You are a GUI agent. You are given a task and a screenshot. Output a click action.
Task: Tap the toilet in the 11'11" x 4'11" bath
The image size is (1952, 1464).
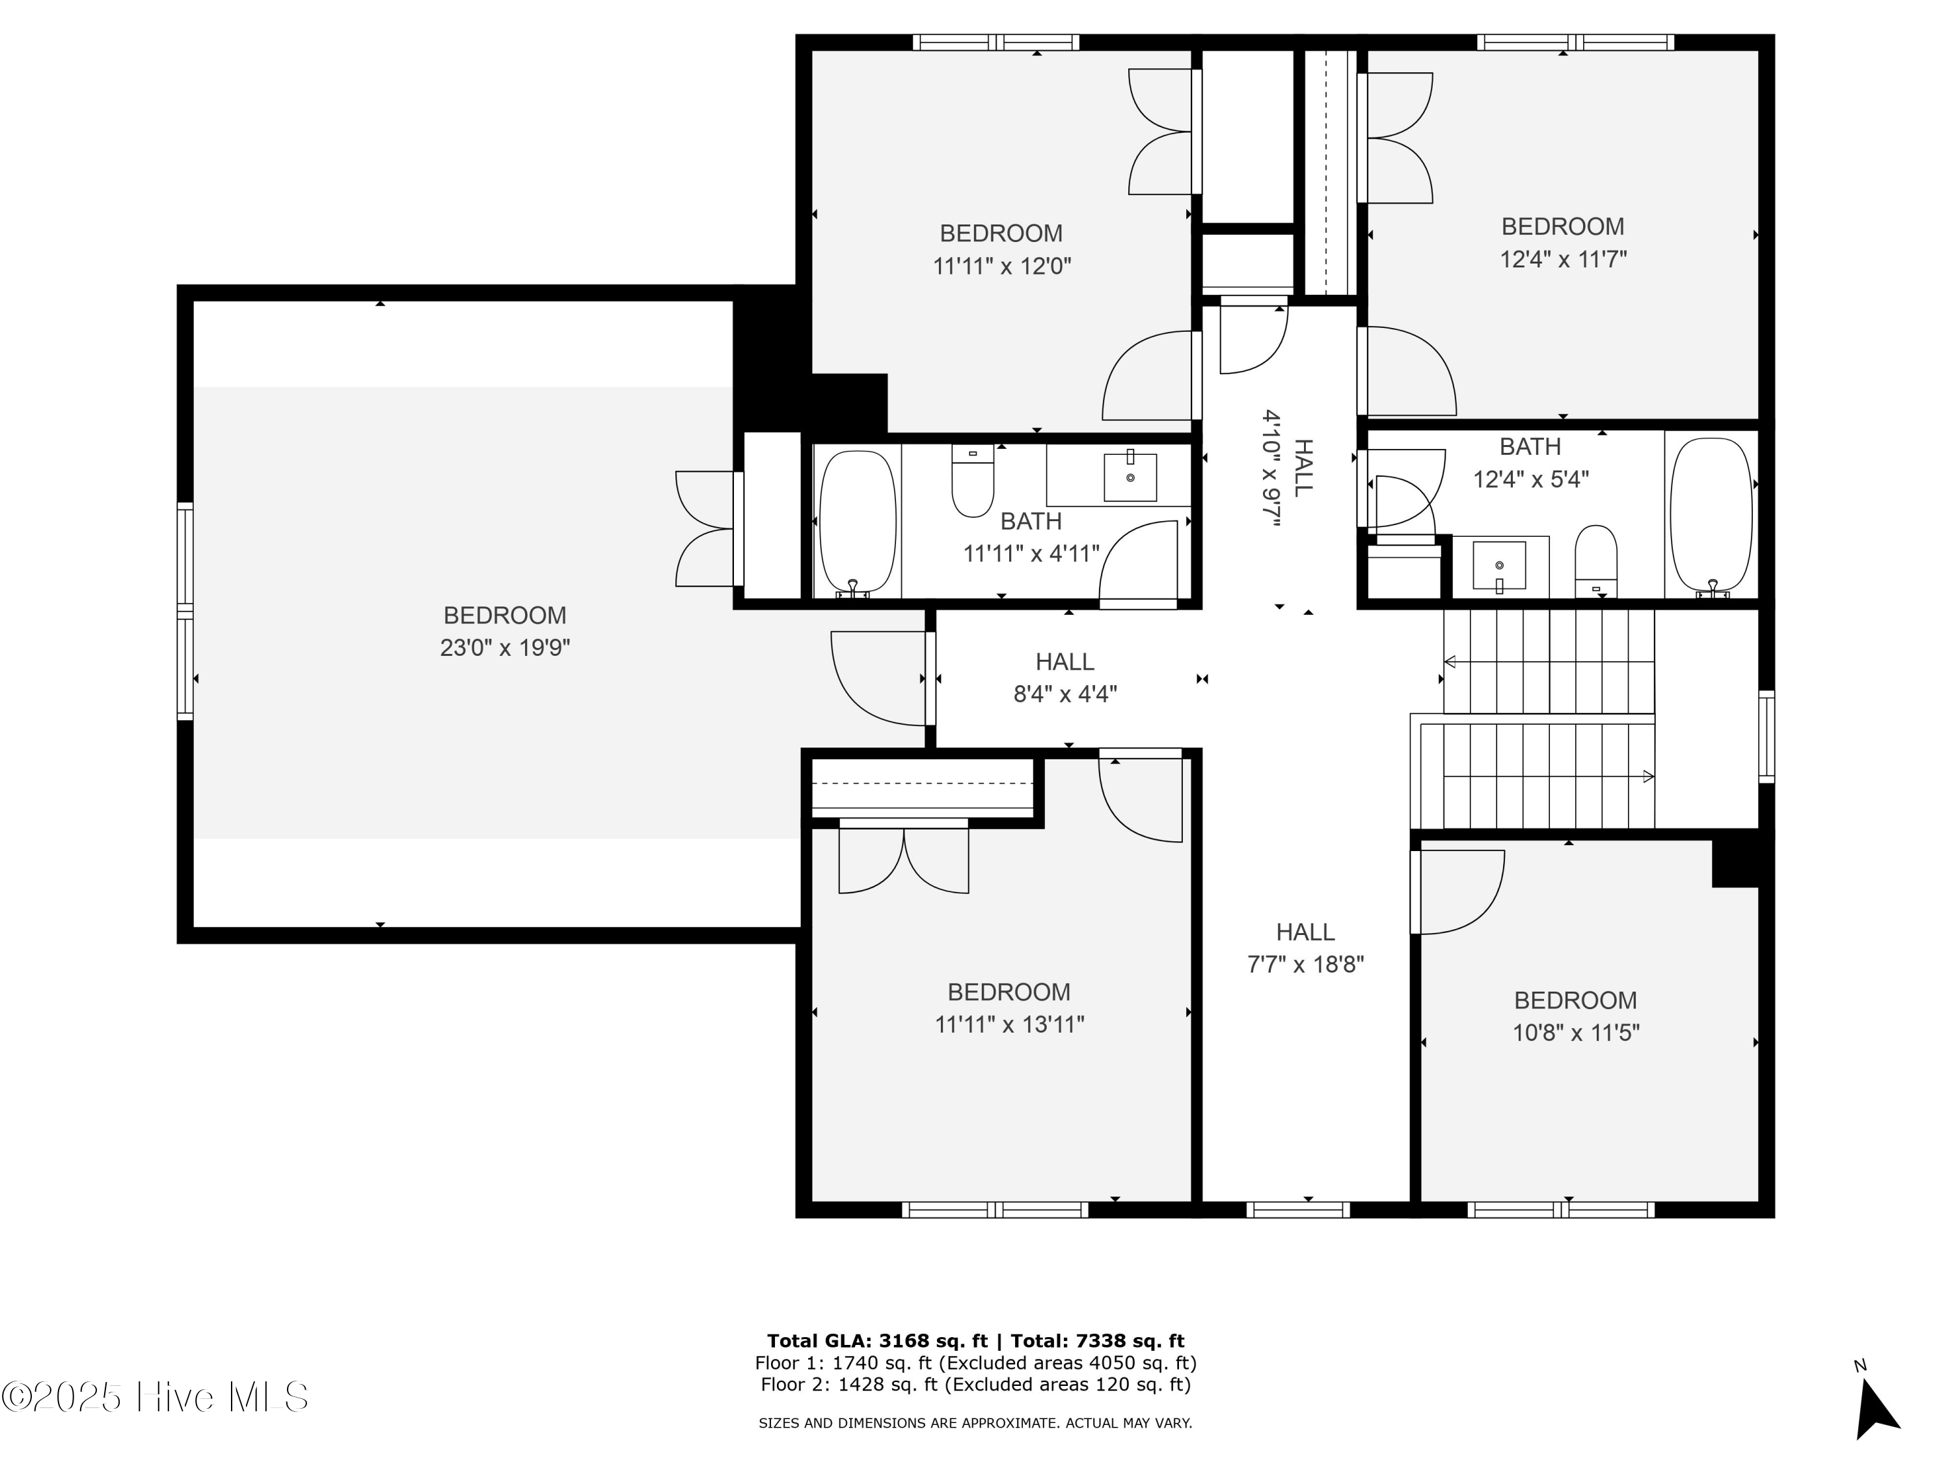[973, 483]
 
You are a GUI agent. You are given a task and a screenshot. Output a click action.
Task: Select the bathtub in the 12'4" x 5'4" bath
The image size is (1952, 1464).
[1711, 515]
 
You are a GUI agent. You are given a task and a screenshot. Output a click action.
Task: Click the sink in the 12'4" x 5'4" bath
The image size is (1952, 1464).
[1499, 565]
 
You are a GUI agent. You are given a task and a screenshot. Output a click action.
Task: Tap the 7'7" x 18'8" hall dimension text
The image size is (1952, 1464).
[1305, 964]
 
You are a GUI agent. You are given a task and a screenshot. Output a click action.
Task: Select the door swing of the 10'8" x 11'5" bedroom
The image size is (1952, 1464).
[1459, 892]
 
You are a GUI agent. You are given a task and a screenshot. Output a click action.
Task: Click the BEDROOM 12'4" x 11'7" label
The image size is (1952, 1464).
[1563, 243]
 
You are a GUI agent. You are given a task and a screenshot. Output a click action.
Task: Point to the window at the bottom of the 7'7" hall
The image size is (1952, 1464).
[1298, 1210]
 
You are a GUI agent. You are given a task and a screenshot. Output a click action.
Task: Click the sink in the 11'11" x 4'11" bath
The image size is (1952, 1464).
[1130, 478]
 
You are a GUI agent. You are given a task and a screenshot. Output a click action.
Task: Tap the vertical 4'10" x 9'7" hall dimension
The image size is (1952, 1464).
[1271, 468]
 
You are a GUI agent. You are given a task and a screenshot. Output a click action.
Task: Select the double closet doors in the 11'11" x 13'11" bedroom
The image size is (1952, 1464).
[904, 859]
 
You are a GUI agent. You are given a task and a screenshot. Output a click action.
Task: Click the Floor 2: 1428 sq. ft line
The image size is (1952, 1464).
[975, 1385]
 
